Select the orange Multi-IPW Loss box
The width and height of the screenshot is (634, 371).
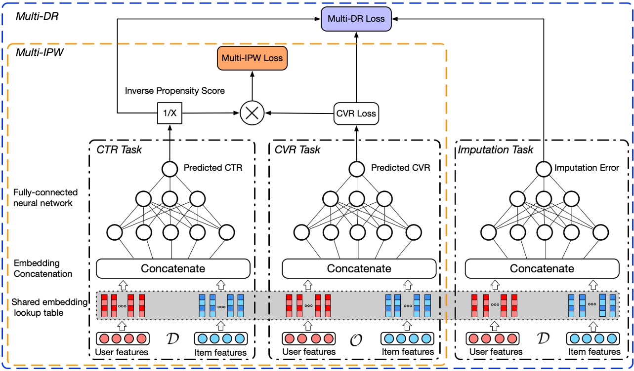click(252, 58)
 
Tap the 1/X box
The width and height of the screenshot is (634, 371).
click(169, 114)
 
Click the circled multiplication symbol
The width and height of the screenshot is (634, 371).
click(252, 114)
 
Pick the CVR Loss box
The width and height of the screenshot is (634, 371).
click(356, 114)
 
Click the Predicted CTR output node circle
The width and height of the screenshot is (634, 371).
click(169, 169)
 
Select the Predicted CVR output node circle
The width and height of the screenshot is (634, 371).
click(356, 169)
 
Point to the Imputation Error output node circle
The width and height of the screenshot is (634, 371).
click(543, 169)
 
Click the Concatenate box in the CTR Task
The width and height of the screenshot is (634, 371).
click(173, 269)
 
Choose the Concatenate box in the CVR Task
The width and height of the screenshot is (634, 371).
click(359, 269)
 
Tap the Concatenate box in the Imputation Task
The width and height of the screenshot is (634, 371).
click(542, 269)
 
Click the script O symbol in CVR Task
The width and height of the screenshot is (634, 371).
click(357, 339)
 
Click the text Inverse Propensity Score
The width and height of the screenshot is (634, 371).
click(174, 91)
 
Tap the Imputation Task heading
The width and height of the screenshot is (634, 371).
click(489, 149)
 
